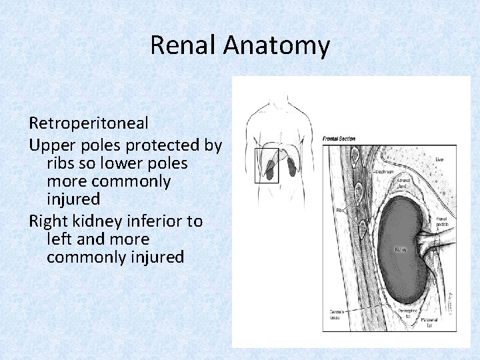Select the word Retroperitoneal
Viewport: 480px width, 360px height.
pos(88,123)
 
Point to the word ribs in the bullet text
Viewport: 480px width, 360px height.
pos(61,163)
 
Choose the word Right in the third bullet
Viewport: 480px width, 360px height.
pos(49,221)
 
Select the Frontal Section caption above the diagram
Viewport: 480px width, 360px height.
pos(339,139)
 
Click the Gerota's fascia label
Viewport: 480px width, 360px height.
pos(335,313)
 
